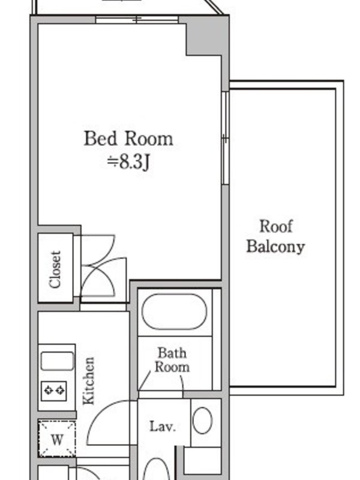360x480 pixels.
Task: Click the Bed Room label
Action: (128, 139)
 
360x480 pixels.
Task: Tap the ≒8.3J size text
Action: (128, 162)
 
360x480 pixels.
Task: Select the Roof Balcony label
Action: (276, 236)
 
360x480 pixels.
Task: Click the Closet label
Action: (55, 269)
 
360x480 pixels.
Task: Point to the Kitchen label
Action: (89, 381)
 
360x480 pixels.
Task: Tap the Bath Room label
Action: (172, 359)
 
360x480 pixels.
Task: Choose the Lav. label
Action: (163, 426)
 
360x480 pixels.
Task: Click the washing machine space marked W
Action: (57, 439)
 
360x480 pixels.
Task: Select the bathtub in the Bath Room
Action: (175, 311)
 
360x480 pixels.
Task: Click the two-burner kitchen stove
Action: (54, 391)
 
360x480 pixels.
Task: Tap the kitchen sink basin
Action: (57, 361)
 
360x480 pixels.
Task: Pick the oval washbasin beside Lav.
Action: (203, 420)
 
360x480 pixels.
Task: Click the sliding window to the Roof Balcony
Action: (226, 138)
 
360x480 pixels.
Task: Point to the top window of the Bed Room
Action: (137, 20)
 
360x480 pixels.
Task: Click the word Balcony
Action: (276, 247)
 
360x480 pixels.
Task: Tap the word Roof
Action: (276, 226)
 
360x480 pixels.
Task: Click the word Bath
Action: (172, 353)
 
